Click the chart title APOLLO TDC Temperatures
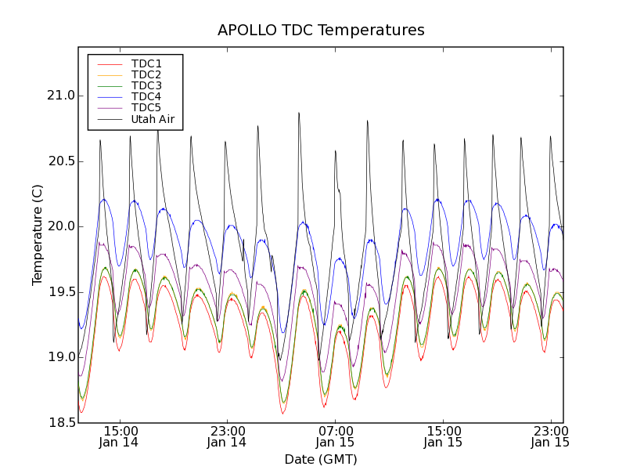click(321, 31)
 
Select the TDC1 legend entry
click(146, 63)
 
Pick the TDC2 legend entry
click(146, 74)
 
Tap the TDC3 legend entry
click(146, 85)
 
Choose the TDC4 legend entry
click(146, 96)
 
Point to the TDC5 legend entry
click(146, 107)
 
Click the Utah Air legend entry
click(153, 119)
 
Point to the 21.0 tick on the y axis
click(60, 96)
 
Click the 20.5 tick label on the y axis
click(60, 161)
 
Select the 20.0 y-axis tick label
click(60, 226)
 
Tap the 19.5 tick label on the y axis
click(60, 292)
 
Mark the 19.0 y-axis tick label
click(60, 357)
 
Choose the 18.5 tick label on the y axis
click(60, 423)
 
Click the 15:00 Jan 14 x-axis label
click(120, 436)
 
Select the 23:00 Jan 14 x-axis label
click(227, 436)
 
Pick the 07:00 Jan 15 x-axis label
click(335, 436)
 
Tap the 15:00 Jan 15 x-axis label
click(443, 436)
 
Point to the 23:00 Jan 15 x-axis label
click(550, 436)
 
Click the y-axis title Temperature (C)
click(38, 235)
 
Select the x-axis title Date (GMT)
click(321, 459)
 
